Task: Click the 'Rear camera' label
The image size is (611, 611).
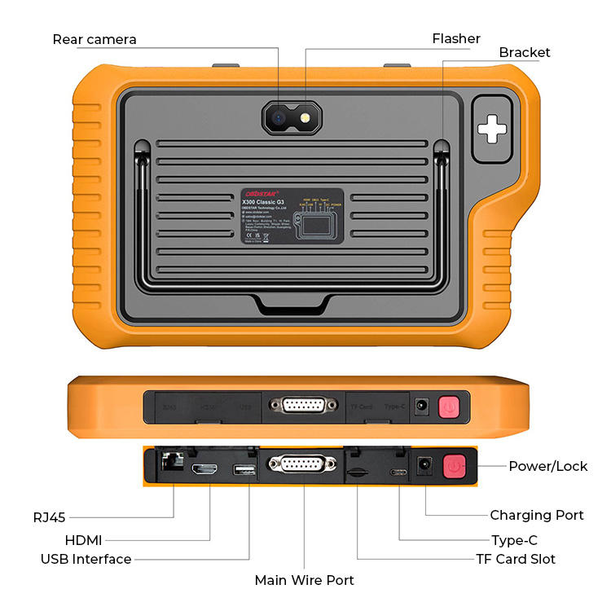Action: [95, 39]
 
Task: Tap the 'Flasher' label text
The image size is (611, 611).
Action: [456, 38]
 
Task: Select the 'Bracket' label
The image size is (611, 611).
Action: [525, 52]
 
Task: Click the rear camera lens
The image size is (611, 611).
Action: [279, 118]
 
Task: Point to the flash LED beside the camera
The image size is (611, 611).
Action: [305, 118]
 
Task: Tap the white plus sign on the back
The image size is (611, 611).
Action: [492, 128]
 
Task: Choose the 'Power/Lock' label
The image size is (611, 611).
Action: [547, 466]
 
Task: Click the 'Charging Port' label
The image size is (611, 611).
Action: [536, 515]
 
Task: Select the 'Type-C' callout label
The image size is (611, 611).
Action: [514, 540]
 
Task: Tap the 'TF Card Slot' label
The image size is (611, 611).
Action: [516, 559]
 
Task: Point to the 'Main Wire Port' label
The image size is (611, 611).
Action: [305, 580]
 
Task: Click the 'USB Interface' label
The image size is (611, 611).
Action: [86, 559]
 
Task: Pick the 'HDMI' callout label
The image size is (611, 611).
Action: [84, 540]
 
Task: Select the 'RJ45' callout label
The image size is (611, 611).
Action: [50, 516]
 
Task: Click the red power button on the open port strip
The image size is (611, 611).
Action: [453, 467]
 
